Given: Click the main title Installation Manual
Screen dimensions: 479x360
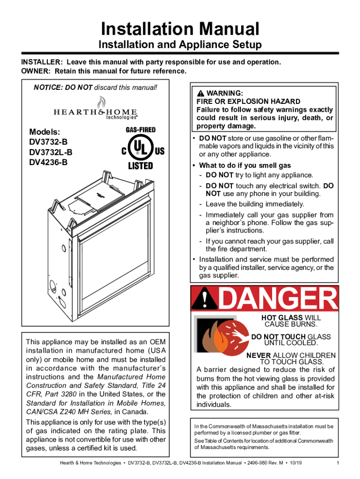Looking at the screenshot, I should [x=180, y=29].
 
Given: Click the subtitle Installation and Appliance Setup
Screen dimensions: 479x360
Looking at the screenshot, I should [x=180, y=45].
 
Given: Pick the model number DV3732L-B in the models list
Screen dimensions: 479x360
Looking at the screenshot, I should [x=50, y=152].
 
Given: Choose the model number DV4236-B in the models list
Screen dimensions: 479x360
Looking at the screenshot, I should [x=48, y=162].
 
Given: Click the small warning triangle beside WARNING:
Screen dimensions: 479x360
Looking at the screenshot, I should [x=202, y=93].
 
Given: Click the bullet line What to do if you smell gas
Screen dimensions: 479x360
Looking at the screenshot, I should [x=245, y=166].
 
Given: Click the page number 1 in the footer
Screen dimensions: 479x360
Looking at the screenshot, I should [x=338, y=464].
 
